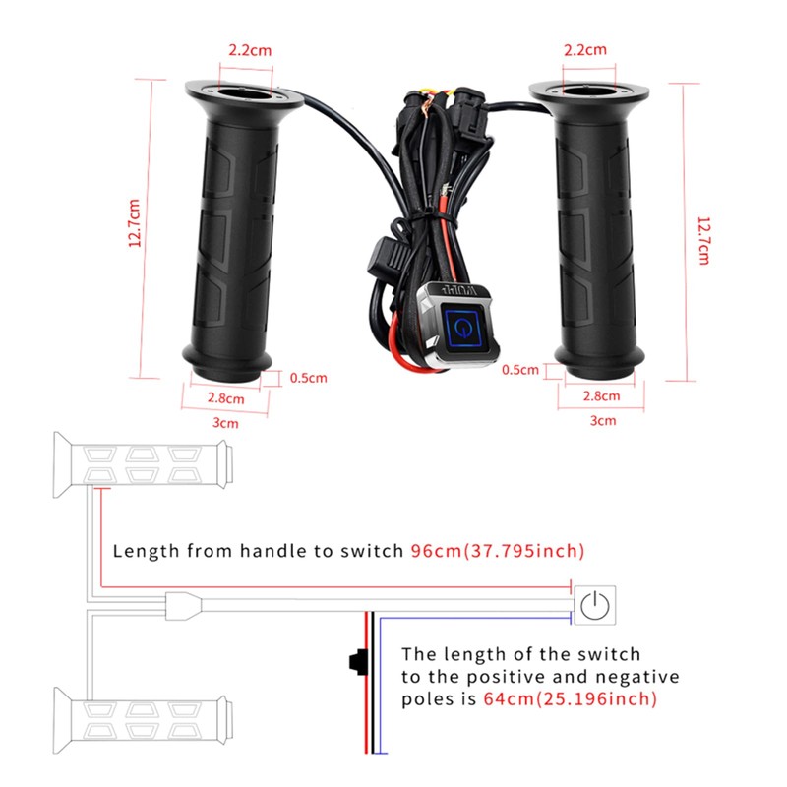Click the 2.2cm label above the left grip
pos(250,50)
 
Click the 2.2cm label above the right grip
pos(584,50)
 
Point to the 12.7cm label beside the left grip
pos(134,223)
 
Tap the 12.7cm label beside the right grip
pos(703,241)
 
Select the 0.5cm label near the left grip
pos(308,378)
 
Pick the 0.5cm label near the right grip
pos(520,370)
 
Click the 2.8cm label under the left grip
pos(226,398)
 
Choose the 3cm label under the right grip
pos(602,421)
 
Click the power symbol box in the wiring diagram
pos(595,605)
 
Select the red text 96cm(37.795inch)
pos(498,551)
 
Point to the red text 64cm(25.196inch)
pos(571,698)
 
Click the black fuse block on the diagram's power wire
pos(358,662)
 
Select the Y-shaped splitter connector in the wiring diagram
pos(183,606)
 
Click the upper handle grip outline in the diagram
pos(143,464)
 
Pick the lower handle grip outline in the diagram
pos(143,720)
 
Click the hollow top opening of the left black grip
pos(245,94)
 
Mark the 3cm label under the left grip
pos(225,423)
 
